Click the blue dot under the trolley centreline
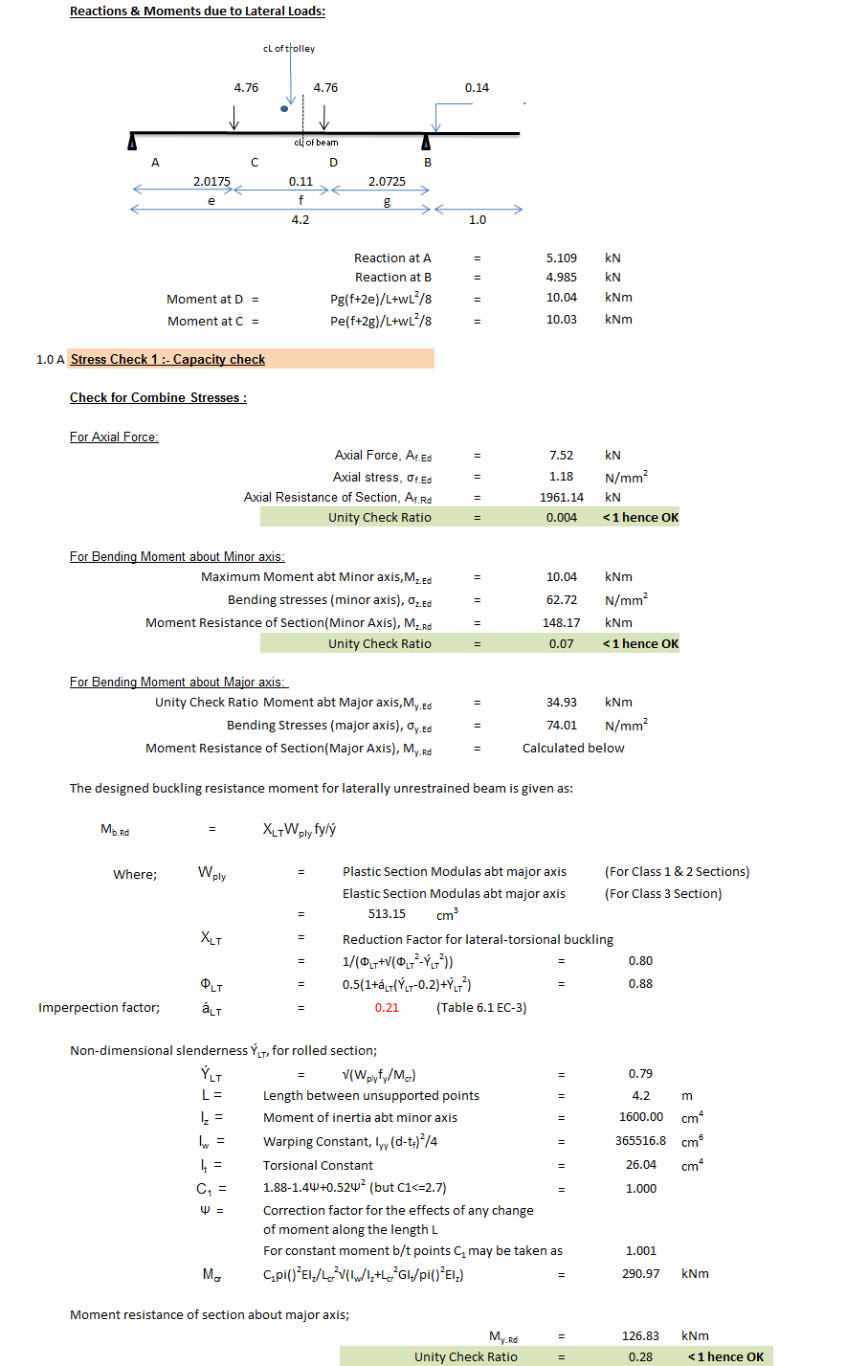tap(284, 108)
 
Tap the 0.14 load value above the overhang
tap(477, 88)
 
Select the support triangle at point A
tap(132, 143)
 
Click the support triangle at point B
tap(426, 143)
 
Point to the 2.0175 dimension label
tap(211, 181)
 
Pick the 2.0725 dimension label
tap(387, 181)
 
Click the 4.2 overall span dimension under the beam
tap(301, 220)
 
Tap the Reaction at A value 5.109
tap(562, 258)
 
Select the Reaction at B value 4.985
tap(562, 278)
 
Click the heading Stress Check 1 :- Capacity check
tap(167, 360)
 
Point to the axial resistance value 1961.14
tap(562, 498)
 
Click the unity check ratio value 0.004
tap(562, 518)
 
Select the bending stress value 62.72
tap(562, 600)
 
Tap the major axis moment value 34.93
tap(562, 703)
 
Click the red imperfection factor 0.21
tap(387, 1008)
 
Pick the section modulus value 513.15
tap(387, 914)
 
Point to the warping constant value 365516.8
tap(640, 1141)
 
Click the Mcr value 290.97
tap(640, 1274)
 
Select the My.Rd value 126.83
tap(640, 1336)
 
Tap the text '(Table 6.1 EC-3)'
tap(481, 1008)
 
